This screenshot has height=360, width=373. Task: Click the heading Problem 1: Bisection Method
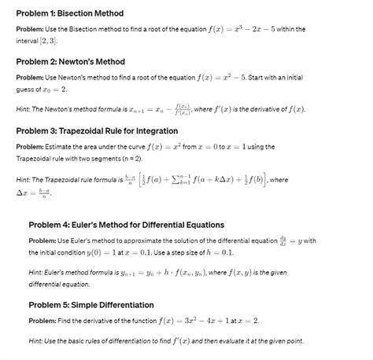pos(69,13)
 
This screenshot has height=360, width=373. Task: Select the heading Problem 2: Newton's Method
pos(70,61)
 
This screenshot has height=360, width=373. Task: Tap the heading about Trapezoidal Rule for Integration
pos(97,130)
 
